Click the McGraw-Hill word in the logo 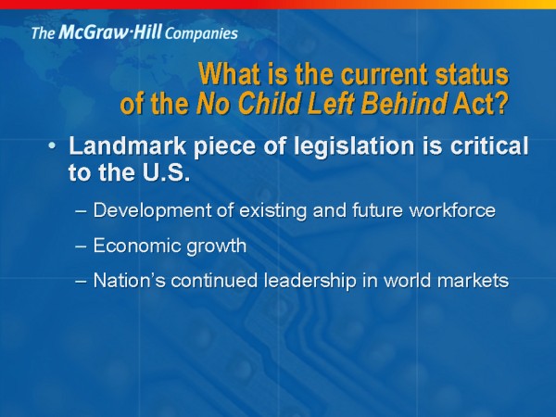coord(110,32)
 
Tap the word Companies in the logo coord(201,33)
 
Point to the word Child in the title coord(267,103)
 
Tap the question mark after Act coord(501,103)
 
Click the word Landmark coord(128,145)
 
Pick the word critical coord(489,145)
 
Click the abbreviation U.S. coord(166,172)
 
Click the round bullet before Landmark coord(52,146)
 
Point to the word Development coord(152,211)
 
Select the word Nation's coord(129,280)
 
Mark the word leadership coord(310,281)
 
